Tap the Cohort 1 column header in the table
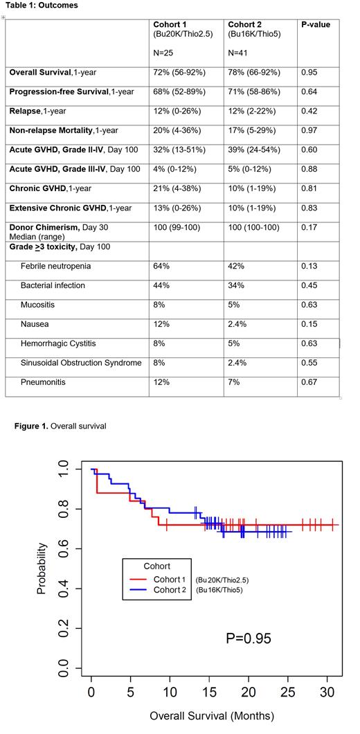pos(170,24)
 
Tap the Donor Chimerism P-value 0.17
pos(309,227)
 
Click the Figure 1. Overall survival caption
pos(60,426)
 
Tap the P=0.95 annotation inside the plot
pos(249,638)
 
